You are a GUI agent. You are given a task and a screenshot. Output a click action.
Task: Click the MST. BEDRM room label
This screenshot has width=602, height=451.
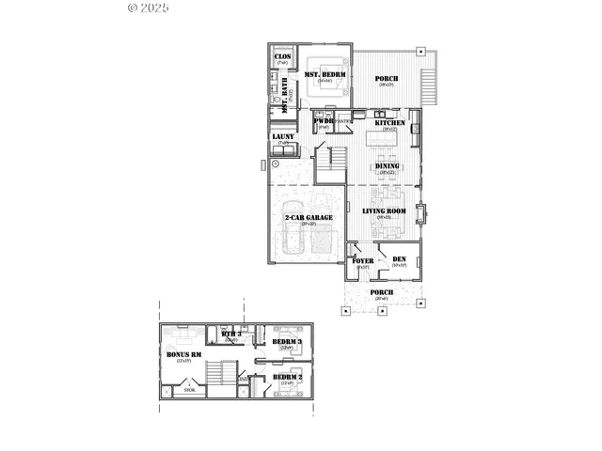tap(326, 74)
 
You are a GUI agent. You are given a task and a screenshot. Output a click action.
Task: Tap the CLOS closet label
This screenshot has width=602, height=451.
tap(282, 56)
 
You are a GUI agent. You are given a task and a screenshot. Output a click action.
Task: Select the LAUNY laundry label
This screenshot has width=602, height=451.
tap(283, 137)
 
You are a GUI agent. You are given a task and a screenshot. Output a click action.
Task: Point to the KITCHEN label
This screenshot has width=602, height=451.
tap(390, 123)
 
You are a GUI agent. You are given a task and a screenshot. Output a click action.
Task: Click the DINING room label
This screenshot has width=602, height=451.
tap(388, 166)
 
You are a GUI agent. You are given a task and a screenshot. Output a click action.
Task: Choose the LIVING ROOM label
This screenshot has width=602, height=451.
tap(385, 211)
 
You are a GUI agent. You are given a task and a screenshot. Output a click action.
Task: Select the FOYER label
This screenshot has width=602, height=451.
tap(363, 260)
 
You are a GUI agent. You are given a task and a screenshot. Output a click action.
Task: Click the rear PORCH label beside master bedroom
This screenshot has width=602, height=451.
tap(387, 79)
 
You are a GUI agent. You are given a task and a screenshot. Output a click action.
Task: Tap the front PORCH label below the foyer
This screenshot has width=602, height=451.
tap(382, 292)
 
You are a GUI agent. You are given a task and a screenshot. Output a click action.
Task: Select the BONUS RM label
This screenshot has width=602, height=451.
tap(180, 354)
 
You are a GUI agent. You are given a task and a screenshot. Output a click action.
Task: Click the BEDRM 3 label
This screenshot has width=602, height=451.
tap(287, 341)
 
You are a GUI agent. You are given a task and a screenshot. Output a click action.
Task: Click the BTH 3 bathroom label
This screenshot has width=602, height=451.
tap(231, 334)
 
